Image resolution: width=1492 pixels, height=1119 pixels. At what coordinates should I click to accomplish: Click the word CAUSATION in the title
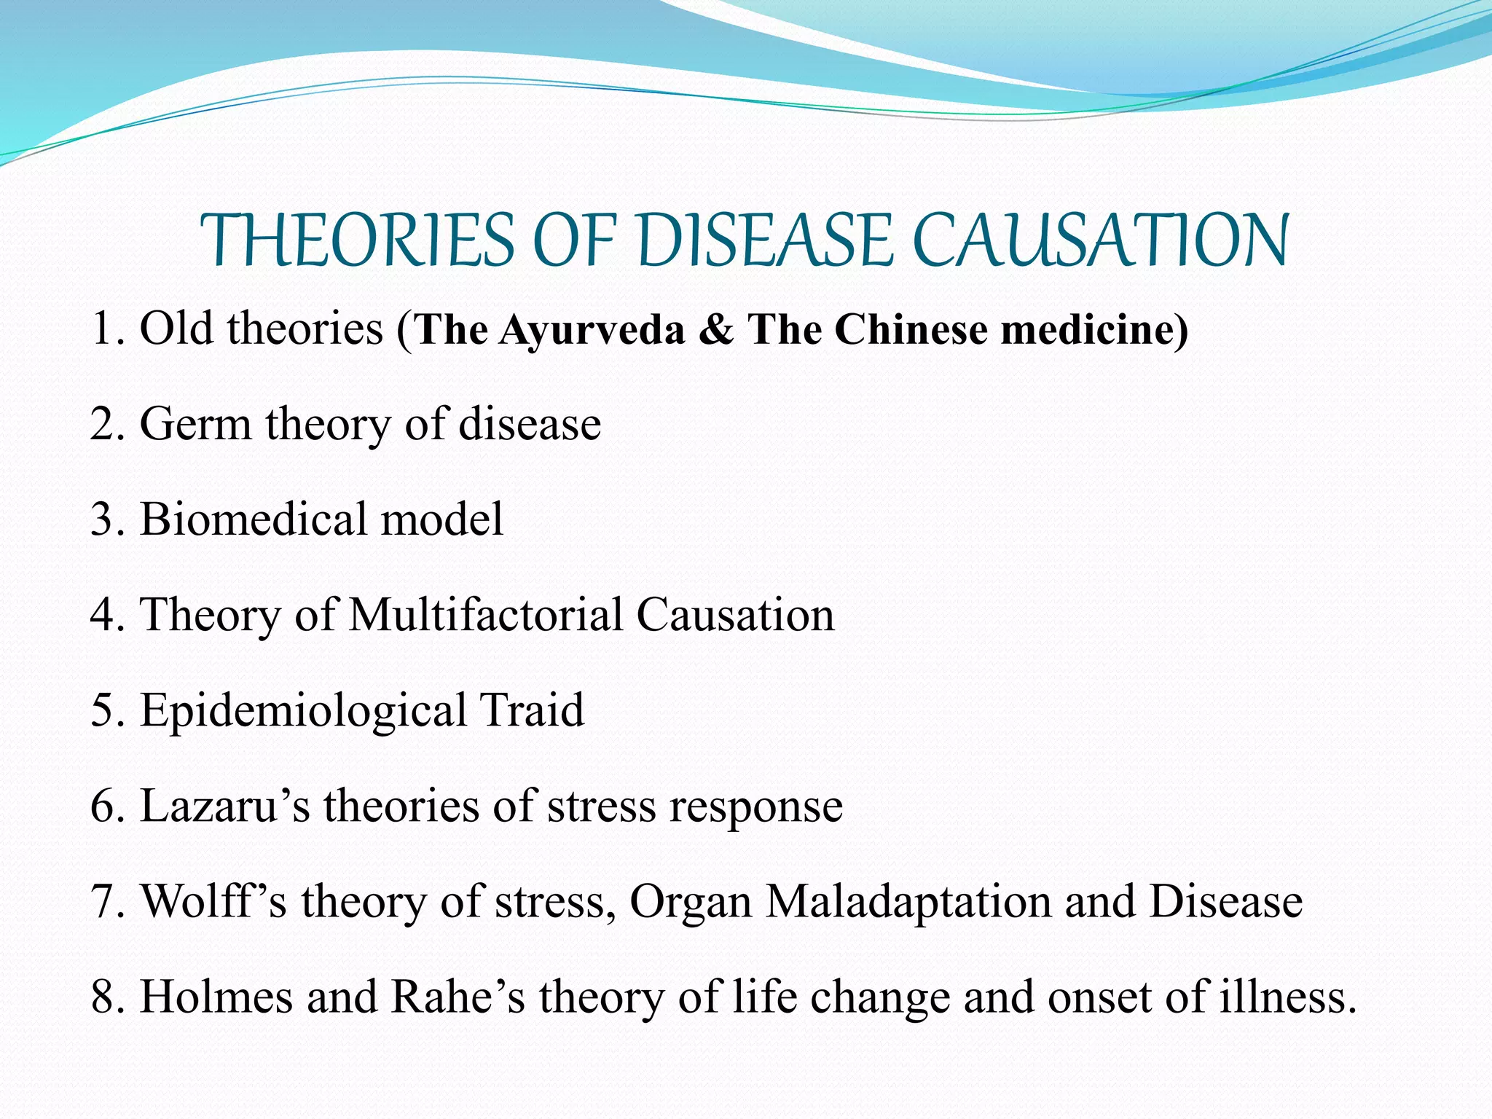pyautogui.click(x=1100, y=240)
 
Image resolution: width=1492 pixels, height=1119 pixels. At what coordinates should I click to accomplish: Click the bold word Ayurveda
pyautogui.click(x=592, y=329)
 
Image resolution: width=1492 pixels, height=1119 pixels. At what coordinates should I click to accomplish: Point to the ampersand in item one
pyautogui.click(x=716, y=329)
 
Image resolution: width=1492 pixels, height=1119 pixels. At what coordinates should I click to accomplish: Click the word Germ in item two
pyautogui.click(x=195, y=424)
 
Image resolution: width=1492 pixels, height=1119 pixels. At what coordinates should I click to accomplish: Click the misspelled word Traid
pyautogui.click(x=532, y=710)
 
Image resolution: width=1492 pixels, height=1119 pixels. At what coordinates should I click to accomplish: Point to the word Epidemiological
pyautogui.click(x=303, y=711)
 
